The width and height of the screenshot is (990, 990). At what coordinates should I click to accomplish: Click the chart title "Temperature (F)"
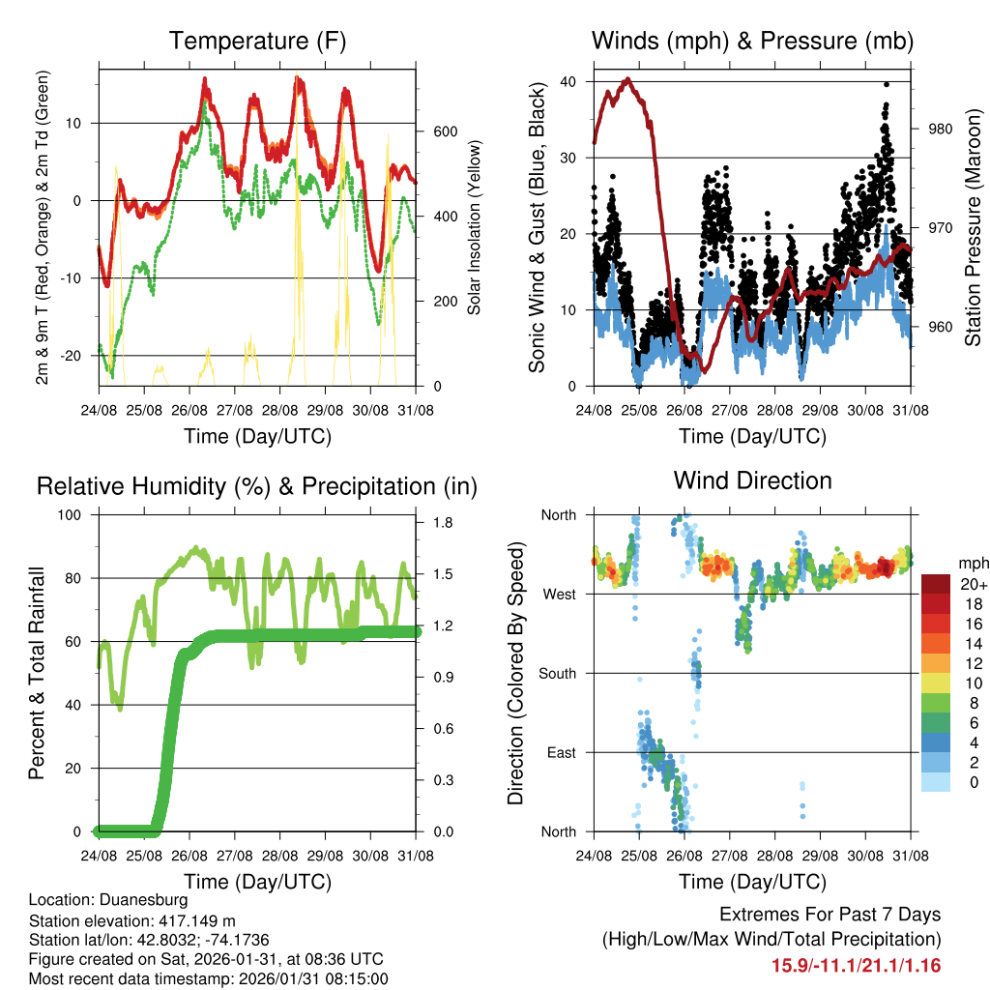pos(257,42)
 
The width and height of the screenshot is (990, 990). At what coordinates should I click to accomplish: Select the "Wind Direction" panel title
pos(752,480)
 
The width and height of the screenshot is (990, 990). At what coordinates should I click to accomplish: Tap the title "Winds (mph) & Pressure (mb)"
pos(752,42)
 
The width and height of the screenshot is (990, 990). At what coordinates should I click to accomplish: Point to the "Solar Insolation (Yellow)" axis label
pos(475,228)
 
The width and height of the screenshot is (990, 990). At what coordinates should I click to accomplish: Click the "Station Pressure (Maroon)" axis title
pos(973,228)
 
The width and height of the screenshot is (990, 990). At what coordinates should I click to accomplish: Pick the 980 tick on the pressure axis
pos(941,130)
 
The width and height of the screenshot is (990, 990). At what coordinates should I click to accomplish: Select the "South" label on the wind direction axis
pos(558,673)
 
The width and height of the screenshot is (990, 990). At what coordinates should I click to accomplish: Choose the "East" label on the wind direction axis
pos(562,752)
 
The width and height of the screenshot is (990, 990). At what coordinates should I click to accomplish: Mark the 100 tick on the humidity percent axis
pos(71,514)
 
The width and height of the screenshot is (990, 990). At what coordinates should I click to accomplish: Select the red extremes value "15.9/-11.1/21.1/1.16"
pos(856,965)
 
